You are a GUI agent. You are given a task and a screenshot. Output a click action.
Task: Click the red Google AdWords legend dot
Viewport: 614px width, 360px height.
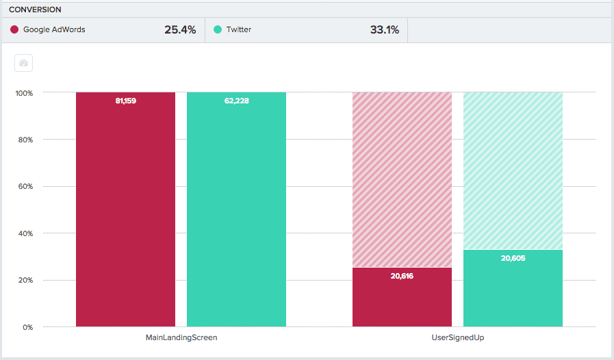click(14, 29)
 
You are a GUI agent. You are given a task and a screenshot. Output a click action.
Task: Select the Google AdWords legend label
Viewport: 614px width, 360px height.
click(54, 29)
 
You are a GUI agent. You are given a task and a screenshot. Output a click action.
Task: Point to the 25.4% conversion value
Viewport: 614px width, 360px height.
click(180, 29)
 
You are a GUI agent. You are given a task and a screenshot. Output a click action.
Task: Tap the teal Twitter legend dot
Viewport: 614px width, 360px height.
click(218, 29)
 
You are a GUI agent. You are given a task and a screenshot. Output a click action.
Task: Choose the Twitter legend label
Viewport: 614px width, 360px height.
click(239, 29)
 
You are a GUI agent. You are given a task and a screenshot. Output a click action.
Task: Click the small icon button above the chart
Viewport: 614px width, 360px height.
click(24, 63)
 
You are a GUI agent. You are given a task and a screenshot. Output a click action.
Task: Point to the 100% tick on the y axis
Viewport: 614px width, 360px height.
click(25, 92)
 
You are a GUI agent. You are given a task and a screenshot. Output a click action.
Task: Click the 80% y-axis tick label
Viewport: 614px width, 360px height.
click(26, 140)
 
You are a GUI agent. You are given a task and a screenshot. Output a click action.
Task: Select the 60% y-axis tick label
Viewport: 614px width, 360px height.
click(26, 186)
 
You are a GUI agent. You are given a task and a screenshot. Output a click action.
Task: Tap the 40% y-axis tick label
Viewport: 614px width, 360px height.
click(26, 233)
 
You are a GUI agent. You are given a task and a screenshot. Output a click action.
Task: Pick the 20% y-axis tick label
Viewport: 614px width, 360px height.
click(26, 280)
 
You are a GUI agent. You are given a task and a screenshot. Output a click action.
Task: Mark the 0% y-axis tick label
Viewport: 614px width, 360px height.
click(27, 327)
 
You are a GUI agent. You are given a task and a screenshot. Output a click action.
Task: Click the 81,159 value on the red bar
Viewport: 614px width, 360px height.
click(125, 101)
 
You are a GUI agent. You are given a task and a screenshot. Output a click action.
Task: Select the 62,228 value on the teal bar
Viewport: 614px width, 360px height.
click(236, 101)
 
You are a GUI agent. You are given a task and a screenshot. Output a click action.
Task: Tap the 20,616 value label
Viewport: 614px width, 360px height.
click(402, 276)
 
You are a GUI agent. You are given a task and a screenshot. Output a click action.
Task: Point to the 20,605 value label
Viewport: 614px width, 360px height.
click(513, 258)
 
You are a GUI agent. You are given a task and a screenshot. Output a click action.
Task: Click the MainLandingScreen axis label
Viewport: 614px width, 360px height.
click(181, 337)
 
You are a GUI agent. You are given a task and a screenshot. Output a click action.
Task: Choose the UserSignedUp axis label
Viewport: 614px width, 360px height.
click(457, 337)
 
